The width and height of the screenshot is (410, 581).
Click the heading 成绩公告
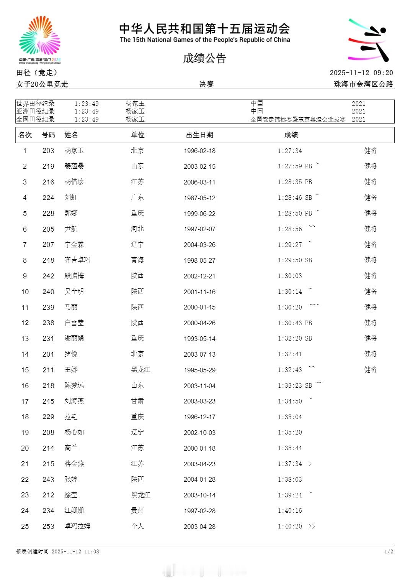[x=204, y=58]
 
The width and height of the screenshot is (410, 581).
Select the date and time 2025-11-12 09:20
[x=361, y=73]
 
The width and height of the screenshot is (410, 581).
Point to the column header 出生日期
[x=199, y=135]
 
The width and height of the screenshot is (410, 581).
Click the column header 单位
[x=137, y=135]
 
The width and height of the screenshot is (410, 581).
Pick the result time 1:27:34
[x=290, y=151]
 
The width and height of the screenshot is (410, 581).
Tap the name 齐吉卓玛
[x=77, y=260]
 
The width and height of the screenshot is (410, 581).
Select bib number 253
[x=48, y=527]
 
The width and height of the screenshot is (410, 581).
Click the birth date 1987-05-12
[x=199, y=198]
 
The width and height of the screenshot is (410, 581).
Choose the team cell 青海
[x=137, y=260]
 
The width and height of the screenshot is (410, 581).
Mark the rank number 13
[x=25, y=339]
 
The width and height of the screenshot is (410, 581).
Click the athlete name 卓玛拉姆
[x=77, y=526]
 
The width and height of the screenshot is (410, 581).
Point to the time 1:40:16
[x=290, y=511]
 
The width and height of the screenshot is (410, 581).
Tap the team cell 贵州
[x=137, y=510]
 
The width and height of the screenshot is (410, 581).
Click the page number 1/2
[x=389, y=551]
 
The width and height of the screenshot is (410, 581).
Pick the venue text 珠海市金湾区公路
[x=363, y=84]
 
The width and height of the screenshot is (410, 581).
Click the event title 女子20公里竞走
[x=42, y=84]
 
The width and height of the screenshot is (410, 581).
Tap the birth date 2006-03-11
[x=199, y=182]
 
